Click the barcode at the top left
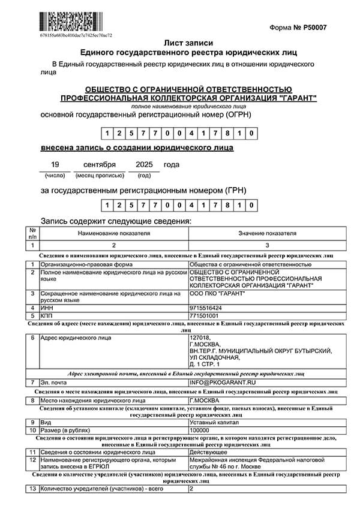coord(67,22)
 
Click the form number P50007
coord(307,28)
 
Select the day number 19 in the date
coord(55,164)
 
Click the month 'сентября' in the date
coord(99,164)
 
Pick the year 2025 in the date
coord(145,164)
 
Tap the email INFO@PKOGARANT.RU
coord(218,382)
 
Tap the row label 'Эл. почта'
coord(54,382)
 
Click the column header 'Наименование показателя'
coord(113,233)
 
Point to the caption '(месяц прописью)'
coord(100,176)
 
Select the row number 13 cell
coord(32,489)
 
